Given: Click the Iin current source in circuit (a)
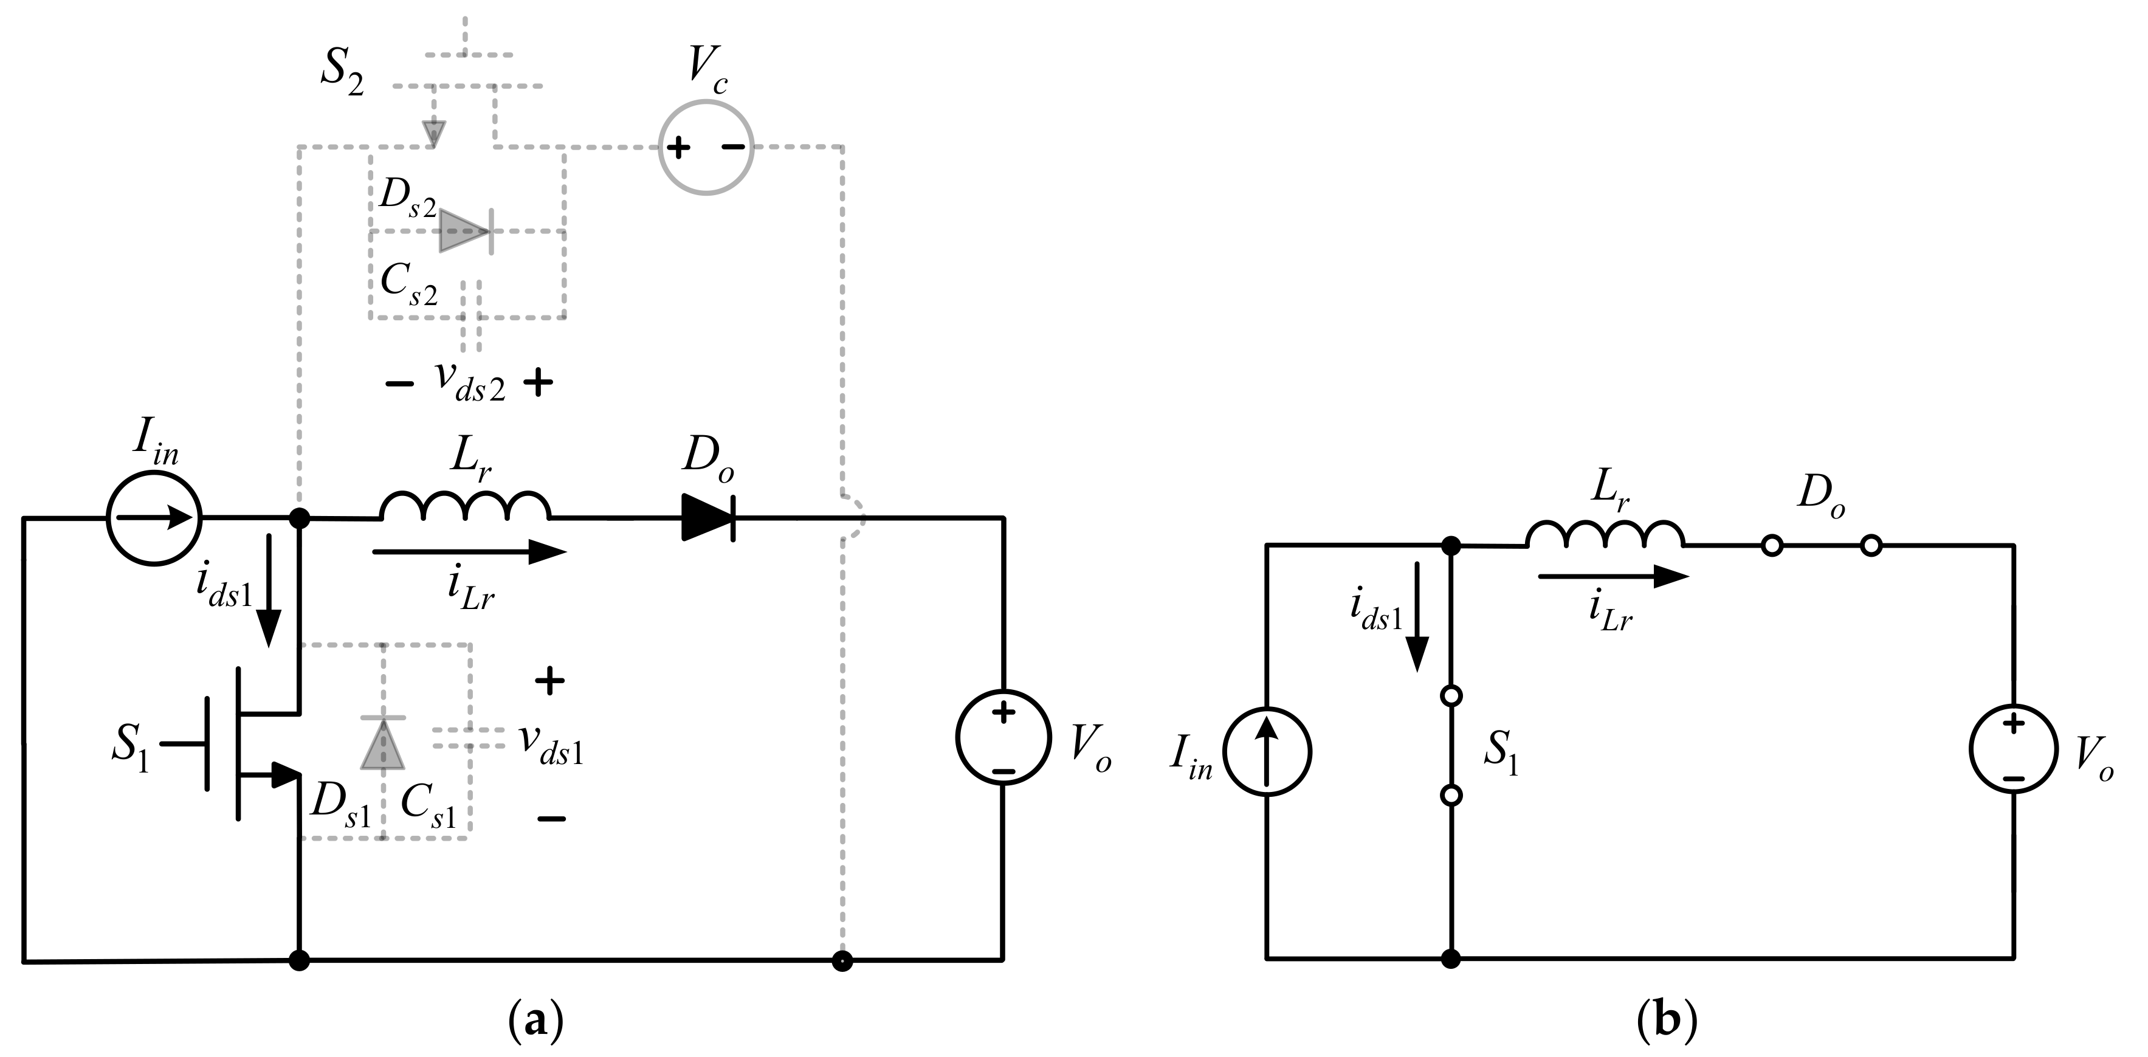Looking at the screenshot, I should [154, 518].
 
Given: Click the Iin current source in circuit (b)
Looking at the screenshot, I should [1266, 751].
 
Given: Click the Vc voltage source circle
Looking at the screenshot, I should [706, 148].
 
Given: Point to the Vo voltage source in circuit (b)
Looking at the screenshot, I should [2014, 751].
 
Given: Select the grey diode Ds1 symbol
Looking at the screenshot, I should [383, 743].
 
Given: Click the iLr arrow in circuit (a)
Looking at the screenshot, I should [469, 552].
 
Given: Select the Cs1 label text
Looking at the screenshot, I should [429, 808].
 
